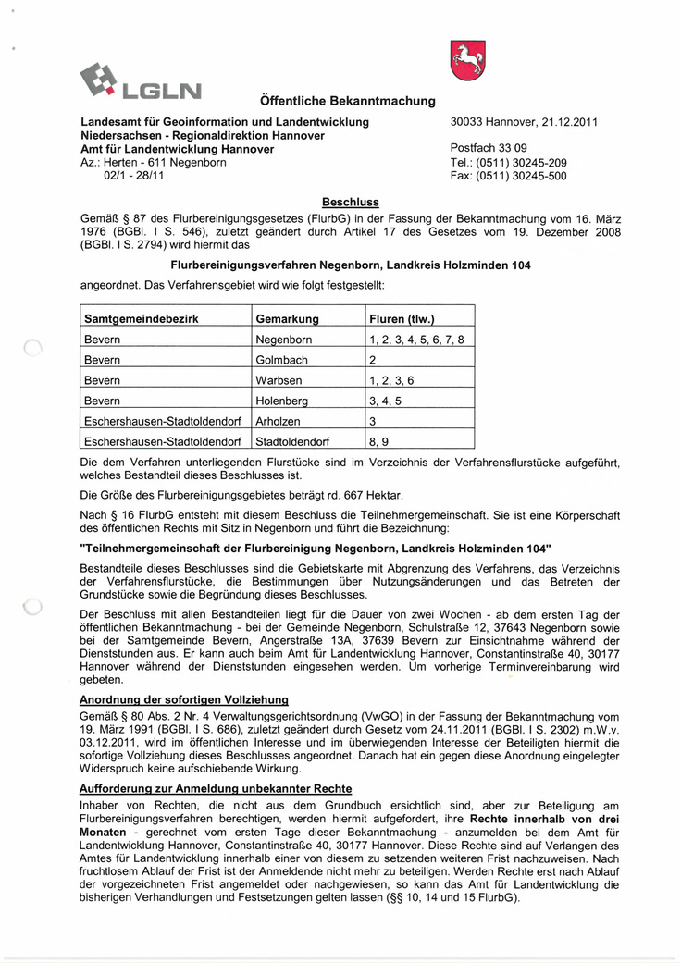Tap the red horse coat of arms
tap(468, 60)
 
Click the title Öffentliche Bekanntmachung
tap(342, 101)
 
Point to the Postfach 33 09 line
tap(489, 148)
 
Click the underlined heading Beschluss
tap(350, 202)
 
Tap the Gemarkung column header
tap(287, 319)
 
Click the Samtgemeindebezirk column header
tap(142, 319)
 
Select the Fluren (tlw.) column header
tap(402, 319)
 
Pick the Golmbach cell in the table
tap(281, 360)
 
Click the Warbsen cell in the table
tap(279, 380)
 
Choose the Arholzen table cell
tap(279, 421)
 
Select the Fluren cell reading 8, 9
tap(378, 441)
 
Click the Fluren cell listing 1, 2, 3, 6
tap(391, 380)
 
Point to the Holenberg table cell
tap(281, 401)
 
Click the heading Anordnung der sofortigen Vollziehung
tap(184, 699)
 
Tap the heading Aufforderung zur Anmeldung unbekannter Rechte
tap(216, 788)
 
